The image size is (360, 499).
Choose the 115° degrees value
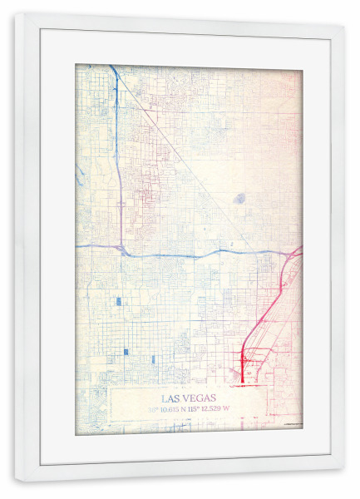[197, 409]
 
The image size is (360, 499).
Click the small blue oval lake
[239, 198]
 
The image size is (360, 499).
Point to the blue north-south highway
[119, 166]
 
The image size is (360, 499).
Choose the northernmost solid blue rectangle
[118, 301]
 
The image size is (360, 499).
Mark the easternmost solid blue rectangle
[153, 358]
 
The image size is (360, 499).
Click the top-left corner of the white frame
[16, 14]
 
